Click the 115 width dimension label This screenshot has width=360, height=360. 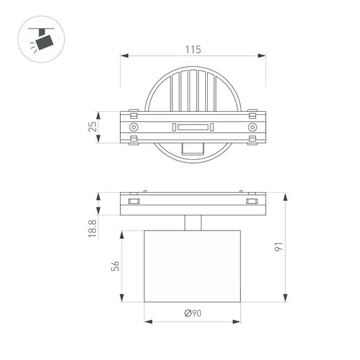pyautogui.click(x=193, y=50)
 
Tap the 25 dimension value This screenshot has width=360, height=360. pyautogui.click(x=92, y=127)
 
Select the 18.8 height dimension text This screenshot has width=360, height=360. pyautogui.click(x=92, y=229)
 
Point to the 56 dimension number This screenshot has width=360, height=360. pyautogui.click(x=115, y=266)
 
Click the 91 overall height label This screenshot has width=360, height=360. pyautogui.click(x=279, y=246)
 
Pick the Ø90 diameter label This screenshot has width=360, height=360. pyautogui.click(x=193, y=313)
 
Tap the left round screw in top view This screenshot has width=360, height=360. pyautogui.click(x=134, y=127)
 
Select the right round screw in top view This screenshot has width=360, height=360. pyautogui.click(x=253, y=127)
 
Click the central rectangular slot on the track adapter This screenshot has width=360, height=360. pyautogui.click(x=193, y=127)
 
